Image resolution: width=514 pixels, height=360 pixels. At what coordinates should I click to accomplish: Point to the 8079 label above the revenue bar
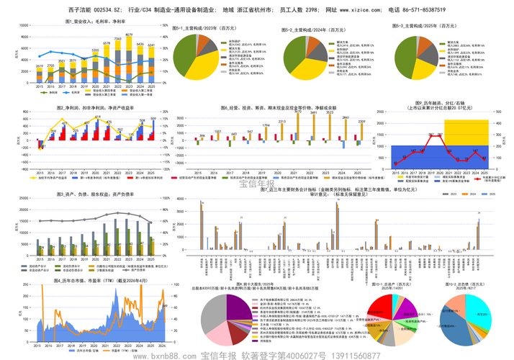click(129, 35)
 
